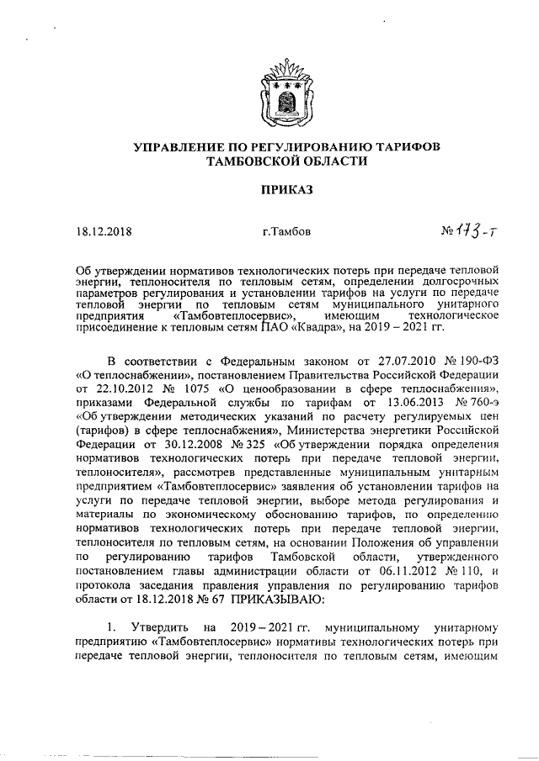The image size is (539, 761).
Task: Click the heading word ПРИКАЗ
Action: pos(285,189)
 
